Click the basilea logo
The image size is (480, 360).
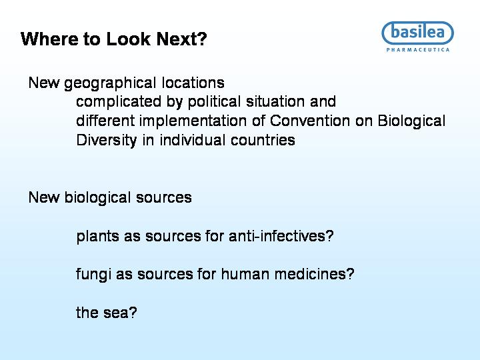coord(417,33)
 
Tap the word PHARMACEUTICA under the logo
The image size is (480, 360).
coord(418,50)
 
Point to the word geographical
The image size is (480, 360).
coord(110,83)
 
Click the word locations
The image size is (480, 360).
coord(193,83)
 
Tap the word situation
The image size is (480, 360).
coord(275,101)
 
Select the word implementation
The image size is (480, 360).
coord(193,121)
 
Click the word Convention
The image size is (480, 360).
coord(310,121)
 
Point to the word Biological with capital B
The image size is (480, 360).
coord(411,121)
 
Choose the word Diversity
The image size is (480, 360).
coord(106,141)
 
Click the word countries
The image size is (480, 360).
coord(263,140)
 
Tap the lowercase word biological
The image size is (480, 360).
coord(97,198)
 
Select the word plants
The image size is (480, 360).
coord(97,237)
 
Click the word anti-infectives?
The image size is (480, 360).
coord(281,236)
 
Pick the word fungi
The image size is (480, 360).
coord(93,275)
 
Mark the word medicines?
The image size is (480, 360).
coord(315,274)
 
